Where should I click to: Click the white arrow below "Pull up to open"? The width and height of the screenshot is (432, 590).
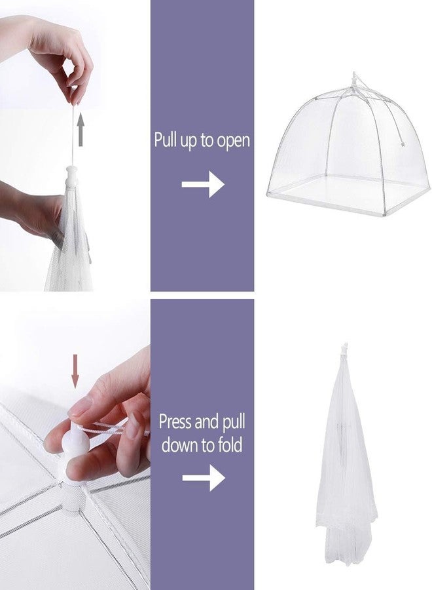[x=203, y=186]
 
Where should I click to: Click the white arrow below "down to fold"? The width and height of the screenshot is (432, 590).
[x=203, y=479]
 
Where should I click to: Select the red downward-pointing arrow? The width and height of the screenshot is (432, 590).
[x=75, y=370]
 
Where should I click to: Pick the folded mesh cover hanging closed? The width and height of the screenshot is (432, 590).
[x=346, y=459]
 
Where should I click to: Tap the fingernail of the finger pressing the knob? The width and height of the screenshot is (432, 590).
[x=81, y=407]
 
